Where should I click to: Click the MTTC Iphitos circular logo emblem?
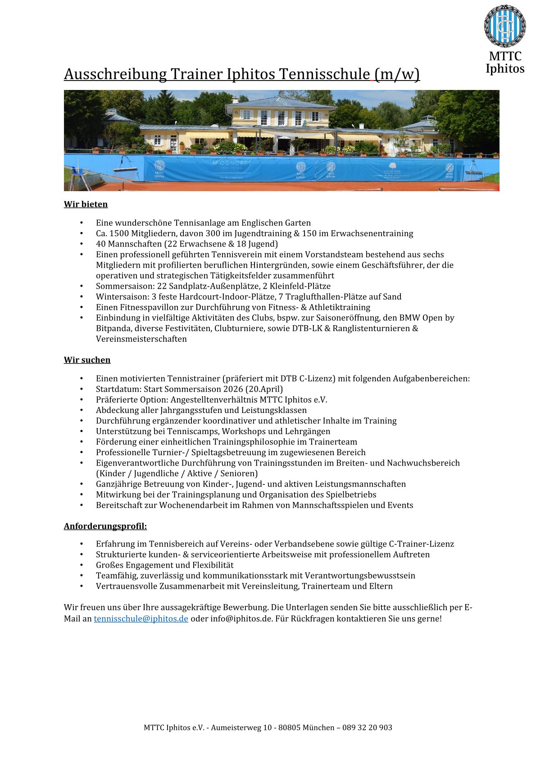click(x=504, y=26)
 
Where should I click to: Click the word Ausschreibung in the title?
click(x=115, y=74)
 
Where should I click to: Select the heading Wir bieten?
click(x=86, y=204)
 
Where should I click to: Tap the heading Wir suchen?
click(x=87, y=360)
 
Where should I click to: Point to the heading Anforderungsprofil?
click(x=105, y=526)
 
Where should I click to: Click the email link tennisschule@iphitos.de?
click(x=141, y=618)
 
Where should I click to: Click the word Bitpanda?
click(x=113, y=328)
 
